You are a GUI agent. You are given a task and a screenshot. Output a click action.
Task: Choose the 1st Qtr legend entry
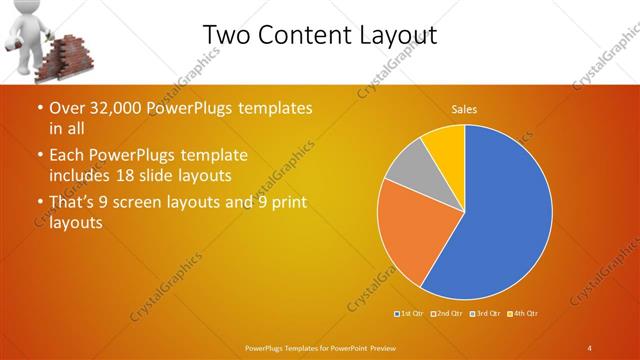click(408, 315)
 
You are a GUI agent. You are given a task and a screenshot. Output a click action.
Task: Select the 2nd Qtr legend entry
click(447, 315)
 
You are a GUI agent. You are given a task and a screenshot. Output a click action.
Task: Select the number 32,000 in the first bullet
click(113, 108)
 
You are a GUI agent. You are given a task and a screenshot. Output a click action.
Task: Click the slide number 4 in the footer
click(589, 347)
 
